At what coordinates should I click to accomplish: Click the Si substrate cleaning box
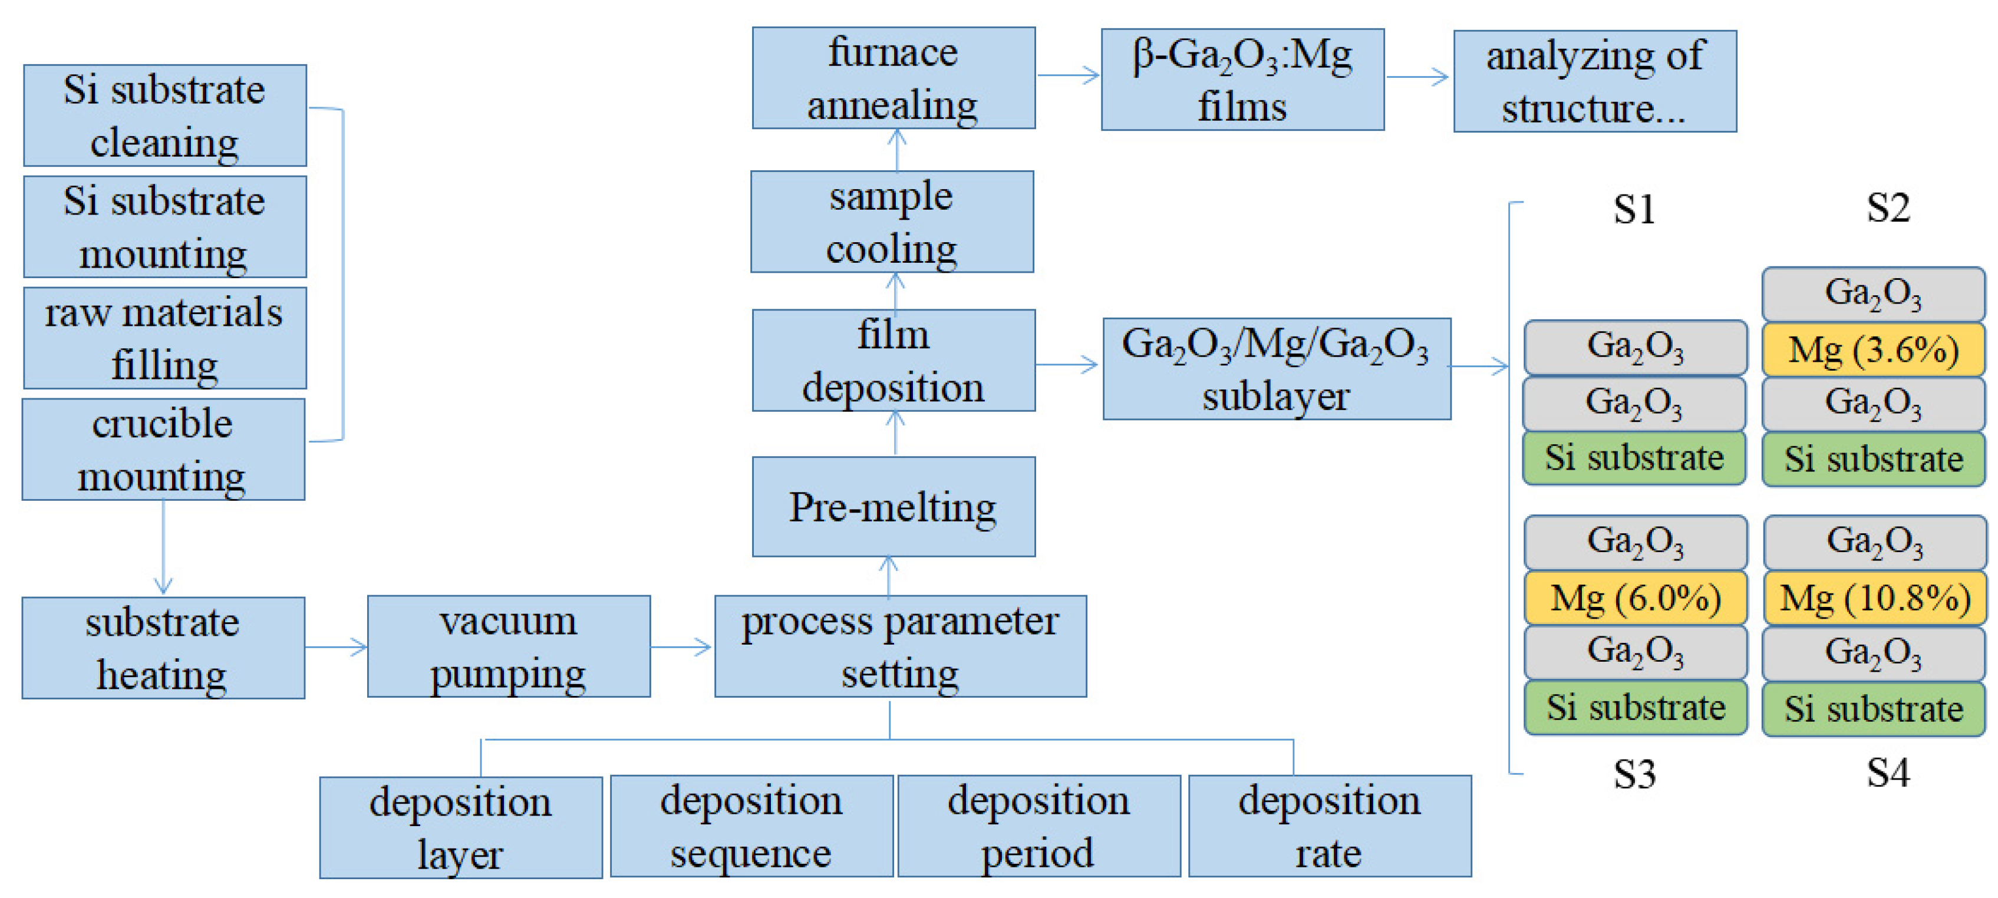(x=164, y=115)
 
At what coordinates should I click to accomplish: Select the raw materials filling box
(x=164, y=338)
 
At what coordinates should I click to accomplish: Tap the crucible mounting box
(x=163, y=450)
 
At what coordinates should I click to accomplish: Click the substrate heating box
(x=163, y=648)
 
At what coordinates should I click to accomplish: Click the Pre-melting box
(x=894, y=506)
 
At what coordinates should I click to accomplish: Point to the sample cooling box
(x=892, y=222)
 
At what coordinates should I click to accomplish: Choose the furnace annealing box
(x=894, y=78)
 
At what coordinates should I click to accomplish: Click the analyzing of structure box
(x=1595, y=81)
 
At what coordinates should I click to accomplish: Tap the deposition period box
(x=1038, y=826)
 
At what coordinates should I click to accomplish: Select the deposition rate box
(x=1330, y=826)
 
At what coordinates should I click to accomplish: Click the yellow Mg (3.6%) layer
(x=1873, y=350)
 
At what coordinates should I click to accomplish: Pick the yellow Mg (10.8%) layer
(x=1875, y=598)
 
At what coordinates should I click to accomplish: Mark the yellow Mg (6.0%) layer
(x=1635, y=598)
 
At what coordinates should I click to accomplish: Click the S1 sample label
(x=1634, y=209)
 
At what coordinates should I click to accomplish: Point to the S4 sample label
(x=1887, y=772)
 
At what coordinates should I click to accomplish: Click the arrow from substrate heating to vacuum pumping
(x=336, y=647)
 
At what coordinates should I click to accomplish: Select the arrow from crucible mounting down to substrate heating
(x=163, y=547)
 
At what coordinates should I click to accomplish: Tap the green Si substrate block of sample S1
(x=1634, y=457)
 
